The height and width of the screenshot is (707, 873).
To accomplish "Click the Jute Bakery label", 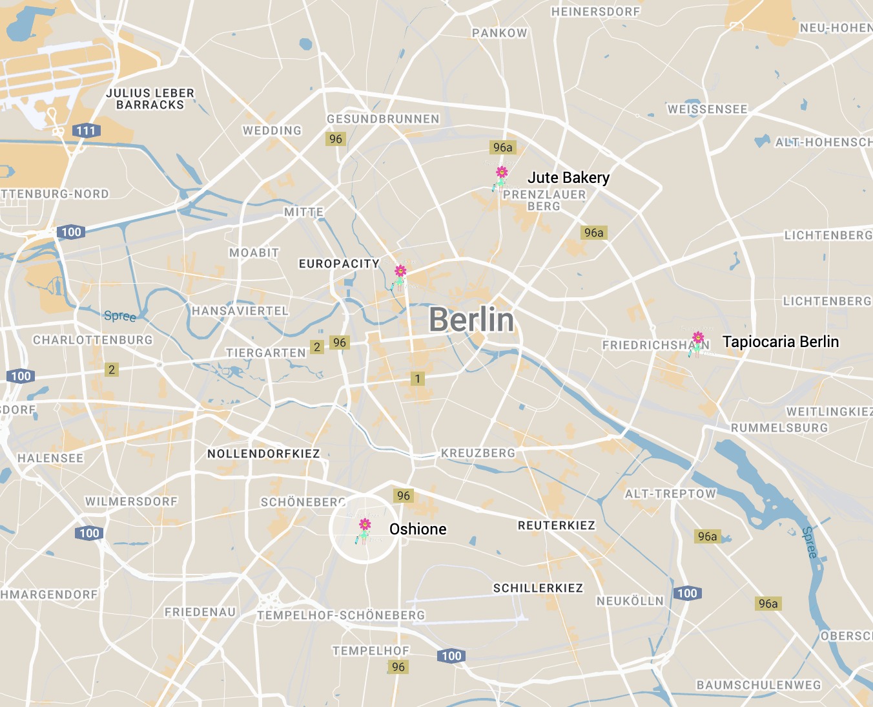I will point(568,178).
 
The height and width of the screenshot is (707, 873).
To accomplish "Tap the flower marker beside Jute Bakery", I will point(501,173).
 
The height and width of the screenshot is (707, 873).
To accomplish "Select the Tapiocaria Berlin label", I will point(780,342).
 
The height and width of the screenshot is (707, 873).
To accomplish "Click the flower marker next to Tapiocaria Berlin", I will point(697,338).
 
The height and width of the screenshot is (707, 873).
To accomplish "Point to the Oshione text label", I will point(418,529).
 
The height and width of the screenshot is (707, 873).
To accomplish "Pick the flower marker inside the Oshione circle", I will point(365,525).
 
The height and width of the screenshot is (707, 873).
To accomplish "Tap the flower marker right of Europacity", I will point(400,271).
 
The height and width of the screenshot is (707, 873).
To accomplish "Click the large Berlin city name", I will point(471,320).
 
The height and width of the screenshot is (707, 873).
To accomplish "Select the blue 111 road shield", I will point(85,131).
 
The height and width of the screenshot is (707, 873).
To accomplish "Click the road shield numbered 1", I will point(418,379).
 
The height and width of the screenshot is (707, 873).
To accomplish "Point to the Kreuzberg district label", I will point(478,453).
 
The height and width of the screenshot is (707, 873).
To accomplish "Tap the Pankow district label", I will point(499,33).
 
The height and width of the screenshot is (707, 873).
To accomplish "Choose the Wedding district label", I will point(272,131).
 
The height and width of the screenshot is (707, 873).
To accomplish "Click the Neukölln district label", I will point(630,601).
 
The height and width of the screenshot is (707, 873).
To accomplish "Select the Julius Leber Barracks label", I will point(150,99).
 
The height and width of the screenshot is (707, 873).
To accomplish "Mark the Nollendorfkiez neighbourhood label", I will point(263,454).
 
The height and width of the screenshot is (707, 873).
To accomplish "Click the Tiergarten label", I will point(265,353).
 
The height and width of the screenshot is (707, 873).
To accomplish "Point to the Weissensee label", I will point(707,109).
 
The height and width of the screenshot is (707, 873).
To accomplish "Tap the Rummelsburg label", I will point(779,428).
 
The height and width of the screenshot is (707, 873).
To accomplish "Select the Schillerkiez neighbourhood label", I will point(538,588).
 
